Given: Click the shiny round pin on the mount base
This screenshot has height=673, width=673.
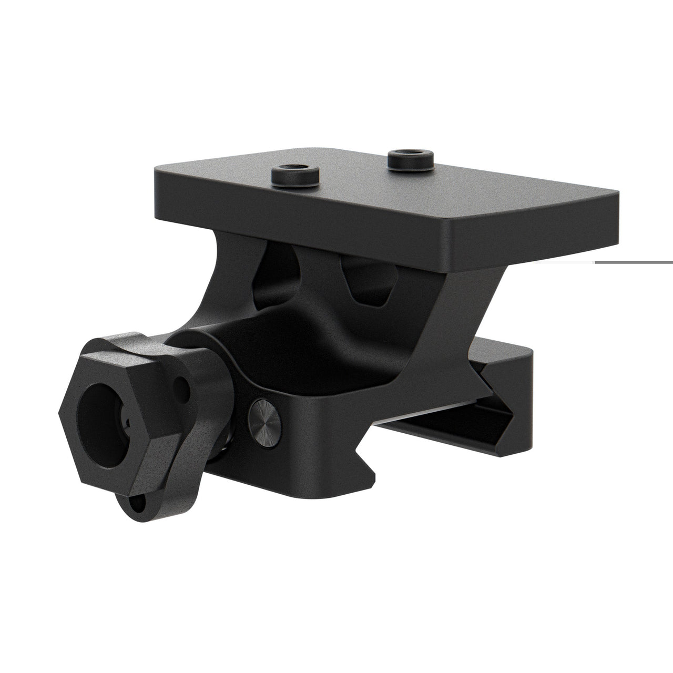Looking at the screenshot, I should tap(266, 413).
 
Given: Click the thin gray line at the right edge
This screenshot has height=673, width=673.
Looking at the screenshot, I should tap(634, 262).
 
